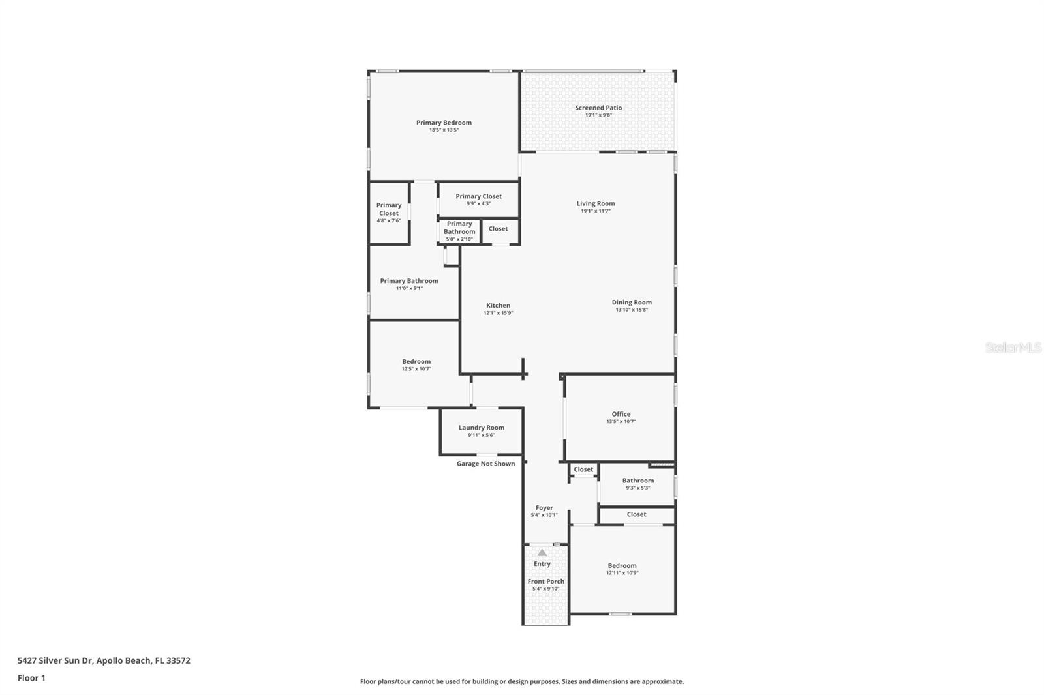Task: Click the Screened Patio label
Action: [x=598, y=108]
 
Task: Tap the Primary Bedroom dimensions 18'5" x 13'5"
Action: [x=444, y=130]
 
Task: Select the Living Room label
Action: [x=595, y=203]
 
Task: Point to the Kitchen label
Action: [x=498, y=305]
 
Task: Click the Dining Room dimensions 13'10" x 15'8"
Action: [x=631, y=310]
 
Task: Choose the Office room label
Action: [x=621, y=414]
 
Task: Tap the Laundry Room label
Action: [x=481, y=428]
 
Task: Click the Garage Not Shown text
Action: [x=485, y=464]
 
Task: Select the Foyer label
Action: [x=544, y=507]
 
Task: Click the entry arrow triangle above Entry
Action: [x=542, y=553]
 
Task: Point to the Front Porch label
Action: [x=545, y=581]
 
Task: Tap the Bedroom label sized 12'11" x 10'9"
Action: [x=622, y=566]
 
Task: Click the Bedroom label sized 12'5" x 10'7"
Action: [x=416, y=361]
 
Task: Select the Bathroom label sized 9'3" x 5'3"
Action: [x=637, y=481]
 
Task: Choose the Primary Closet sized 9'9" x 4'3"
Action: [x=478, y=196]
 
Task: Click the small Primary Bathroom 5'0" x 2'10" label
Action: [x=459, y=228]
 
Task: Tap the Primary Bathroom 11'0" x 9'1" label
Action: [x=409, y=281]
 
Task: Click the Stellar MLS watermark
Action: [x=1013, y=348]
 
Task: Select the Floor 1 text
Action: [x=31, y=678]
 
